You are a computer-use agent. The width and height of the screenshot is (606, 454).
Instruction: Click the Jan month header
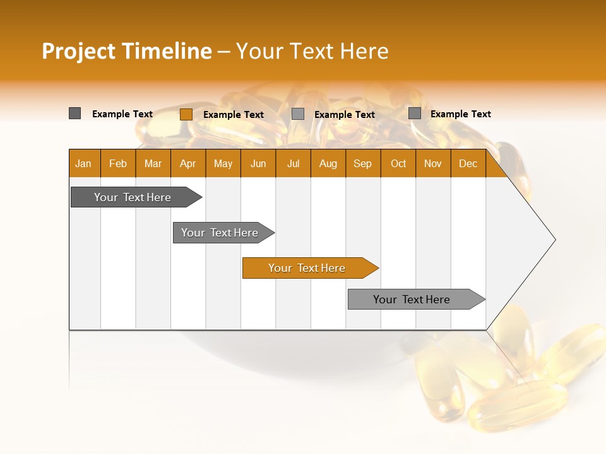pos(84,163)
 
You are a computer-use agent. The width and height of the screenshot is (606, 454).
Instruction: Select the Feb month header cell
pos(118,163)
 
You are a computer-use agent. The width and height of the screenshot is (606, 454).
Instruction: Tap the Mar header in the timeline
pos(153,163)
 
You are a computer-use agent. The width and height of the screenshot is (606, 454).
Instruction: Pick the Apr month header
pos(187,163)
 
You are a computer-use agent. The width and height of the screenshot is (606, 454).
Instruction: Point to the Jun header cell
pos(258,163)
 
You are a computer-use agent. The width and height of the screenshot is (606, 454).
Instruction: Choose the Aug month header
pos(328,163)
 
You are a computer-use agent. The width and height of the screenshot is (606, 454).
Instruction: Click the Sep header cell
pos(363,163)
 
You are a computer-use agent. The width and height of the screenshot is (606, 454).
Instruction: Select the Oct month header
pos(398,163)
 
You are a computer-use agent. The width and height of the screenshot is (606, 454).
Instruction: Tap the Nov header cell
pos(433,163)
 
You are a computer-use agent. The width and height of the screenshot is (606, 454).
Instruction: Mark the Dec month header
pos(468,163)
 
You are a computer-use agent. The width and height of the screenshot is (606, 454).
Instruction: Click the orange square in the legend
pos(186,114)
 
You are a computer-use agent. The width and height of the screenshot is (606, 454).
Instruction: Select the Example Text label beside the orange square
pos(234,115)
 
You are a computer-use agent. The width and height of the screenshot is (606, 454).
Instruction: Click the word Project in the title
pos(79,51)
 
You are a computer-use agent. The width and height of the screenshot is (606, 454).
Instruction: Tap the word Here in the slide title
pos(364,51)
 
